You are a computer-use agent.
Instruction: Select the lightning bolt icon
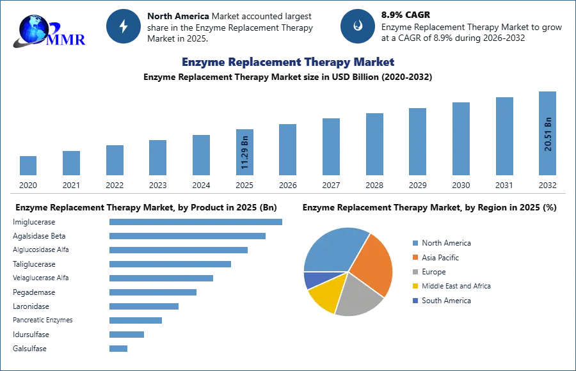124,26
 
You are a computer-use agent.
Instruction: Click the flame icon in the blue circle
358,26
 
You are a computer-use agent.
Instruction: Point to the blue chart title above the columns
289,62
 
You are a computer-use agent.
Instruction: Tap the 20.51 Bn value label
548,133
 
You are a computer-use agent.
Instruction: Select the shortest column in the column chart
28,166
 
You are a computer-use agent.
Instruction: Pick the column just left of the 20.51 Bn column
504,137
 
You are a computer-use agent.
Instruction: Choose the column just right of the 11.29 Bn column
287,150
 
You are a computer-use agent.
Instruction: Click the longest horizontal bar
196,221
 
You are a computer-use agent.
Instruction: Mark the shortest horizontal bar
118,348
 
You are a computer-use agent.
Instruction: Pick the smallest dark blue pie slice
313,280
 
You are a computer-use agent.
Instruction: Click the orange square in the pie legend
415,257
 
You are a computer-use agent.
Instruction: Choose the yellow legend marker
415,286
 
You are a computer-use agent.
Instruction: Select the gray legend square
415,272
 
